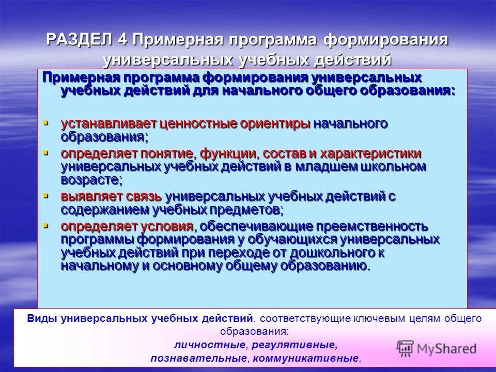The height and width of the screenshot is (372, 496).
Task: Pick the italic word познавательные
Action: (x=197, y=358)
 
